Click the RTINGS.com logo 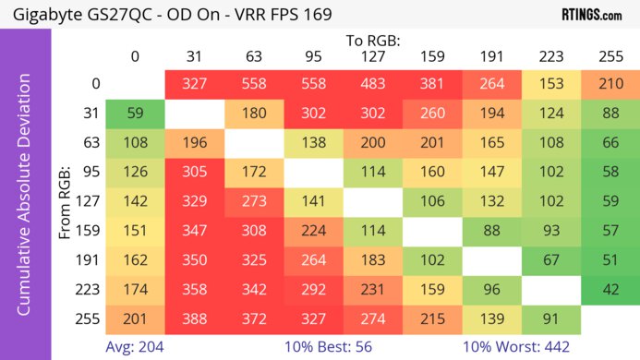pos(591,15)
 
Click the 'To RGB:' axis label pos(372,41)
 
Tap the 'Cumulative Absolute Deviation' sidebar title pos(25,201)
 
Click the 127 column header pos(372,56)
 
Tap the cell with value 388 pos(194,318)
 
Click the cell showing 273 pos(254,201)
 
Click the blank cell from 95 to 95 pos(313,172)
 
